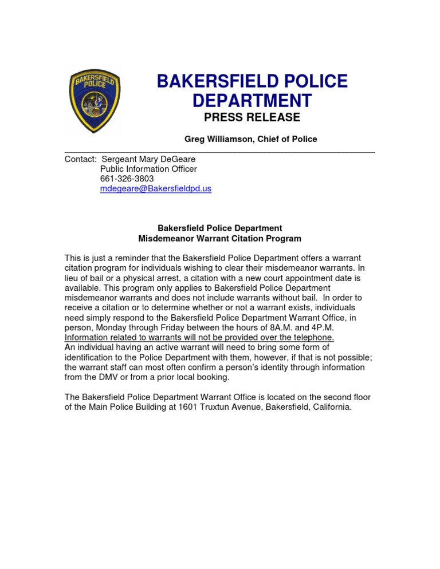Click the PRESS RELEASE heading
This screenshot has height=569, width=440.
coord(252,117)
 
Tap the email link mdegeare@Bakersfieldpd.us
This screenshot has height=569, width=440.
coord(155,188)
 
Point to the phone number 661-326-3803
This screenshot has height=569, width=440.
coord(127,179)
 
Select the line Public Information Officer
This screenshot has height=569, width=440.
coord(148,169)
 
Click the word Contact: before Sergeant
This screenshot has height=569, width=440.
coord(80,159)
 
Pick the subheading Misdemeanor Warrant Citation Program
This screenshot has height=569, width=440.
coord(219,238)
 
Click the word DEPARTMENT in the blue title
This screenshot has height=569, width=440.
coord(252,101)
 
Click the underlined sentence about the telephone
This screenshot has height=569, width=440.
coord(199,337)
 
